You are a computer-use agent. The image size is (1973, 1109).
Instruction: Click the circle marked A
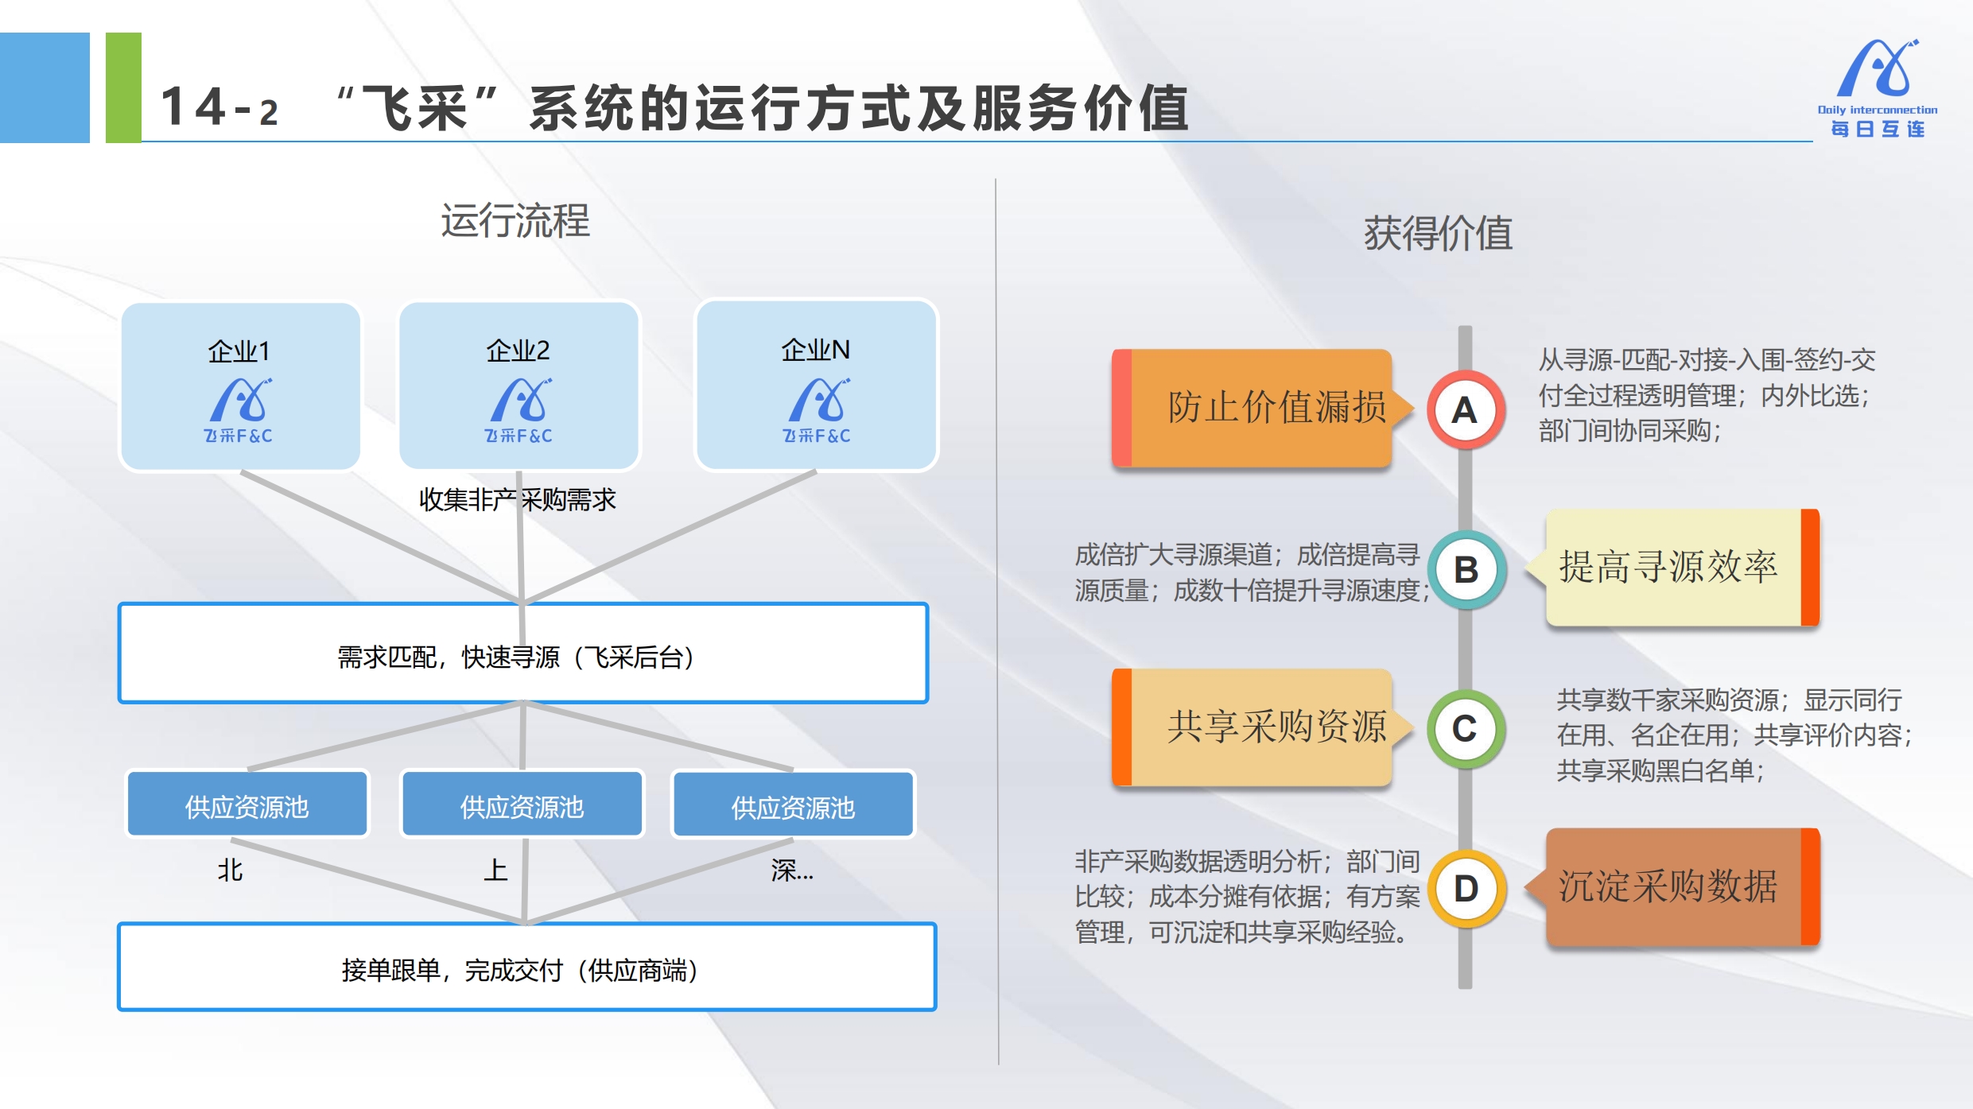click(1465, 410)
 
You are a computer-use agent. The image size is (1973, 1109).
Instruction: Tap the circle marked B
click(1466, 570)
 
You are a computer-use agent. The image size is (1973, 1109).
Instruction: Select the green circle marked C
click(1465, 729)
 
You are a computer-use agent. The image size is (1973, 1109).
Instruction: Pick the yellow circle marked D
click(1466, 889)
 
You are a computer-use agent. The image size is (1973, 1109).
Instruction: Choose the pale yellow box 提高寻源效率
click(1673, 568)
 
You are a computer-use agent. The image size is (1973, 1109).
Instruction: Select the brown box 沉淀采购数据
click(1673, 887)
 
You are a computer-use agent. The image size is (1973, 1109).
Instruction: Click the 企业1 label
click(239, 351)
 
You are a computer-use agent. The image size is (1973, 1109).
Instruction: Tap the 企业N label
click(815, 350)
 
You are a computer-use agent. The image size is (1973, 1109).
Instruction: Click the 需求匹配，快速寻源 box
click(523, 653)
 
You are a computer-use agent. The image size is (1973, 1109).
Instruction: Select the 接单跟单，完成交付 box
click(526, 967)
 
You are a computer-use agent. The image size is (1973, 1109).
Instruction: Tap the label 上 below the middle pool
click(495, 870)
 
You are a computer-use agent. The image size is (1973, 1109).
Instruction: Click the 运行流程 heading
click(515, 221)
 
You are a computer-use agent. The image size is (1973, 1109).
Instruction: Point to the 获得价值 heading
click(1438, 234)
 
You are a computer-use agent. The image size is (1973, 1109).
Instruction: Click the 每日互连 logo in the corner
click(1878, 87)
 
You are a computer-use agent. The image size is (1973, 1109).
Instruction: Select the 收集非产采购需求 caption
click(518, 499)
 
